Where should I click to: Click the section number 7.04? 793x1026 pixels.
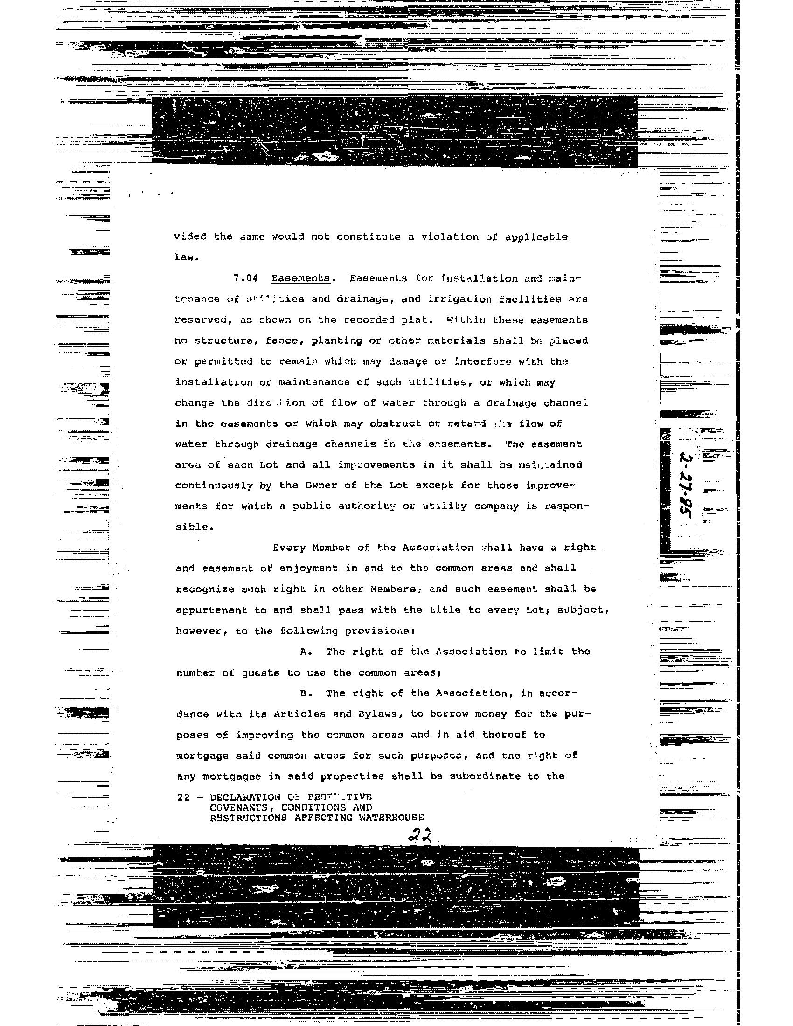click(x=246, y=278)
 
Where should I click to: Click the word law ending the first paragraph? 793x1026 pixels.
click(x=183, y=257)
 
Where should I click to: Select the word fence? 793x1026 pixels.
click(x=281, y=340)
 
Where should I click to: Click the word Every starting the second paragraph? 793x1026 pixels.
click(x=289, y=548)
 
